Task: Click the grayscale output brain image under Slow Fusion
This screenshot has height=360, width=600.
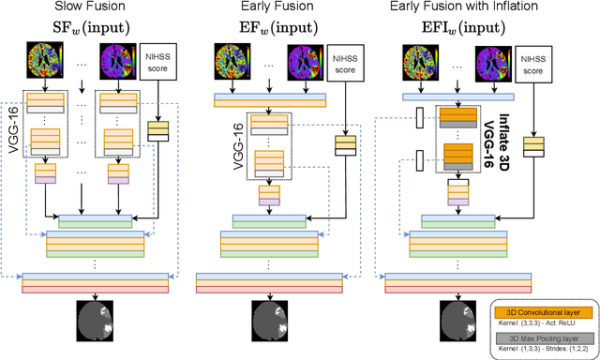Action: click(x=92, y=321)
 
